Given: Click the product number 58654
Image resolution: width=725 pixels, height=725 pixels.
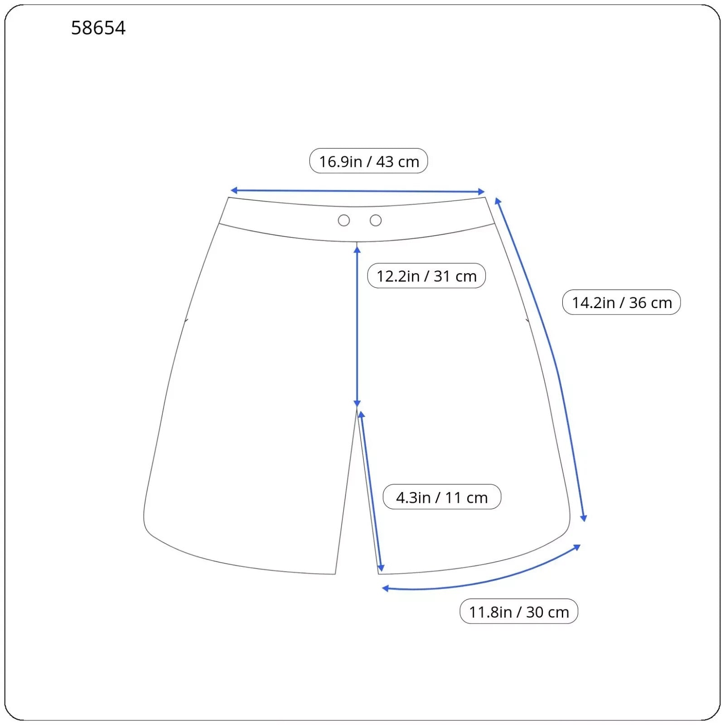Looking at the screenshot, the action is [x=98, y=28].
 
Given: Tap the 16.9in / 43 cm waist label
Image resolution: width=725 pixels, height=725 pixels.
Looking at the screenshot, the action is [x=368, y=161].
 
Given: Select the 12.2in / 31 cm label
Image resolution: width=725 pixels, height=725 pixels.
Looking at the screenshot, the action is [x=426, y=275].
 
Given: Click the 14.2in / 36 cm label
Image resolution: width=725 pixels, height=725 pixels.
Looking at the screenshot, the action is [x=621, y=302].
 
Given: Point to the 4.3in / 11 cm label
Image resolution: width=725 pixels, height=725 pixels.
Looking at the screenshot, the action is [x=442, y=497].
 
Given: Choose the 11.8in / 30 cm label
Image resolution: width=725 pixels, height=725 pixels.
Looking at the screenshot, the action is [x=519, y=611].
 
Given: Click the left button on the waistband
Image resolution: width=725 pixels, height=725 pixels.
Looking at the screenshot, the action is [x=344, y=220].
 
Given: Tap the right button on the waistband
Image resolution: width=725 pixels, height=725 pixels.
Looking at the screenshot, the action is [x=376, y=220].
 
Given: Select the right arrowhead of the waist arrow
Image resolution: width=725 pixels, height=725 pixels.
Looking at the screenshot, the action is [x=482, y=192].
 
